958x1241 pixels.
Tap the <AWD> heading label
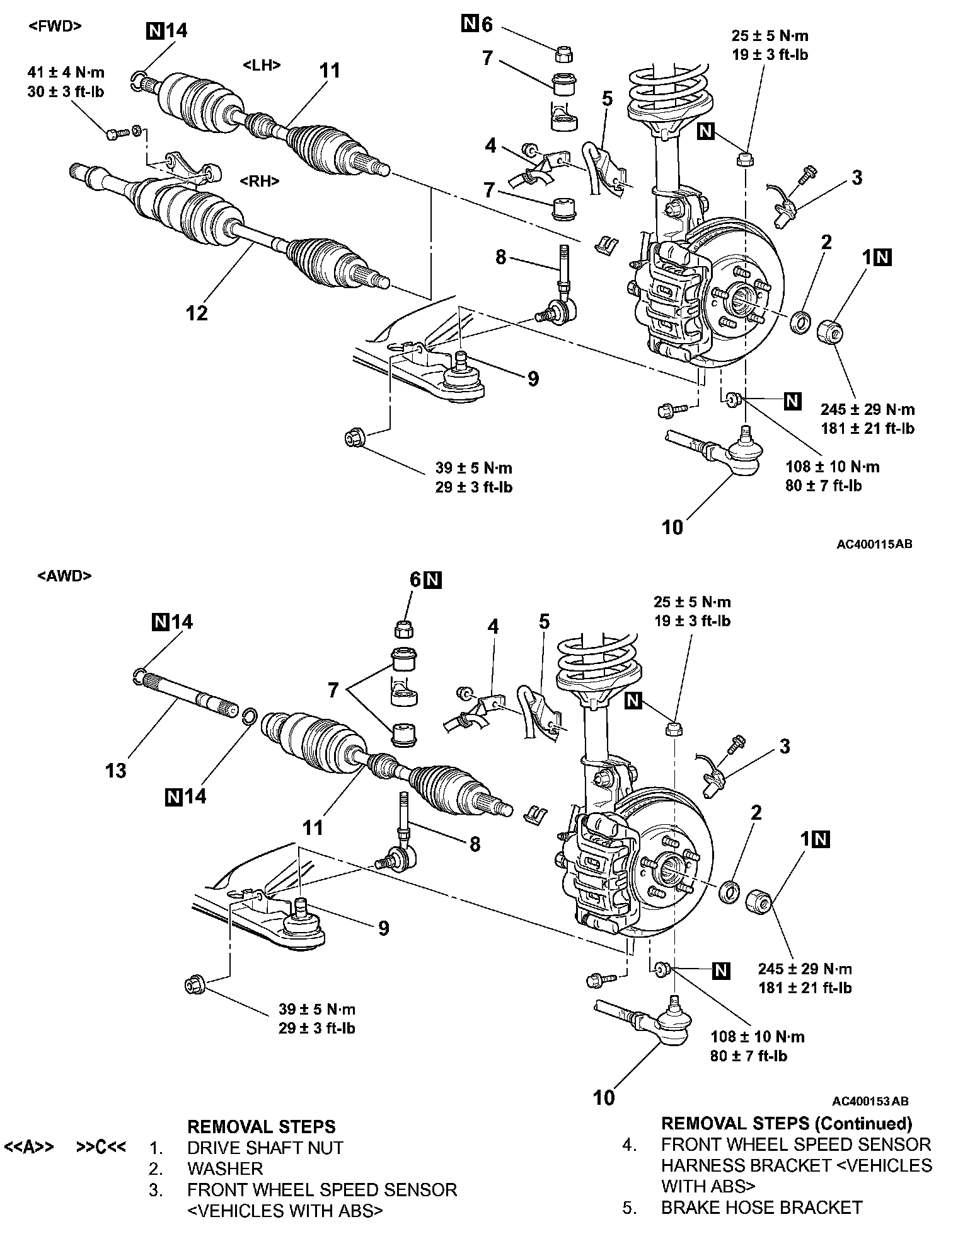65,576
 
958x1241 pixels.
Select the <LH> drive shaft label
262,66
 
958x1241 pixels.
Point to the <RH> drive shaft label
260,181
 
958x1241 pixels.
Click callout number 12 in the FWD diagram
197,313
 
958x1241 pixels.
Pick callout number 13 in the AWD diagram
117,770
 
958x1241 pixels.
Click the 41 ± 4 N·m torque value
66,73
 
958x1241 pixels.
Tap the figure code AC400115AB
874,544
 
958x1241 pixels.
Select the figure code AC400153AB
870,1101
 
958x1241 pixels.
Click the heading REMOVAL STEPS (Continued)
787,1123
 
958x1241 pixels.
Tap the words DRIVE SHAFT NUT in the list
265,1147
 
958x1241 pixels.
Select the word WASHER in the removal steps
225,1168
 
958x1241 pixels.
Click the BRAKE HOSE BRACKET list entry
761,1208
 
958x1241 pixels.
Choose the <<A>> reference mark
29,1146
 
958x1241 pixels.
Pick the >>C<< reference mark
101,1146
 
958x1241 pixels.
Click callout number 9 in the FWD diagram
533,378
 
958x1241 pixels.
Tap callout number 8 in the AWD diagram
475,844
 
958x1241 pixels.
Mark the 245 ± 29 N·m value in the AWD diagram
805,969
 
